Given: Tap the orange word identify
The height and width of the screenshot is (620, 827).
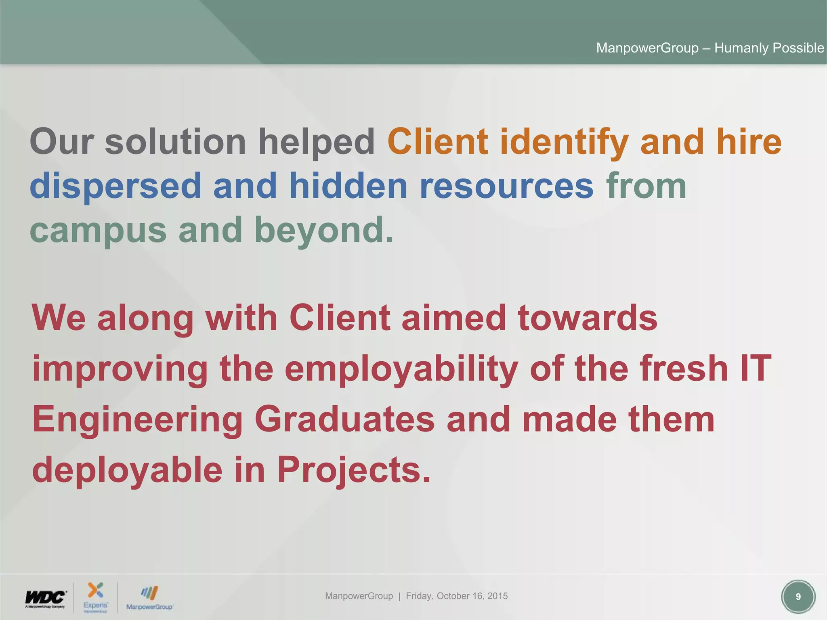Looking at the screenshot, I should pos(564,142).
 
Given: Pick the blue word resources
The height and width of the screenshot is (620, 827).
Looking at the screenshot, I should pos(506,186).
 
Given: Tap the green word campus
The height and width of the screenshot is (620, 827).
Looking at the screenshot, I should pos(98,231).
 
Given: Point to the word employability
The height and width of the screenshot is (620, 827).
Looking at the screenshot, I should pos(401,369).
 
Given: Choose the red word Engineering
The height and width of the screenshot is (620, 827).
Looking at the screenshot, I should pos(137,420).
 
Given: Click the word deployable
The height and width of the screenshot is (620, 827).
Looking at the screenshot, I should pos(127,470).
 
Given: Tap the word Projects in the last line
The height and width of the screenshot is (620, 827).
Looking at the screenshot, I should pos(354,470).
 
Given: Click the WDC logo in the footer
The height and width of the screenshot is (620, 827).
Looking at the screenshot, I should pos(45,598).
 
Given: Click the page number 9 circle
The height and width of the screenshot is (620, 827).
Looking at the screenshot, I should pos(798,597).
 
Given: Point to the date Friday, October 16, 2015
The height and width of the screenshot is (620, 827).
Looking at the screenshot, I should pos(457,596).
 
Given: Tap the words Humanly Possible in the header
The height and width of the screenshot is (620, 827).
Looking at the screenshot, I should pos(769,48).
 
